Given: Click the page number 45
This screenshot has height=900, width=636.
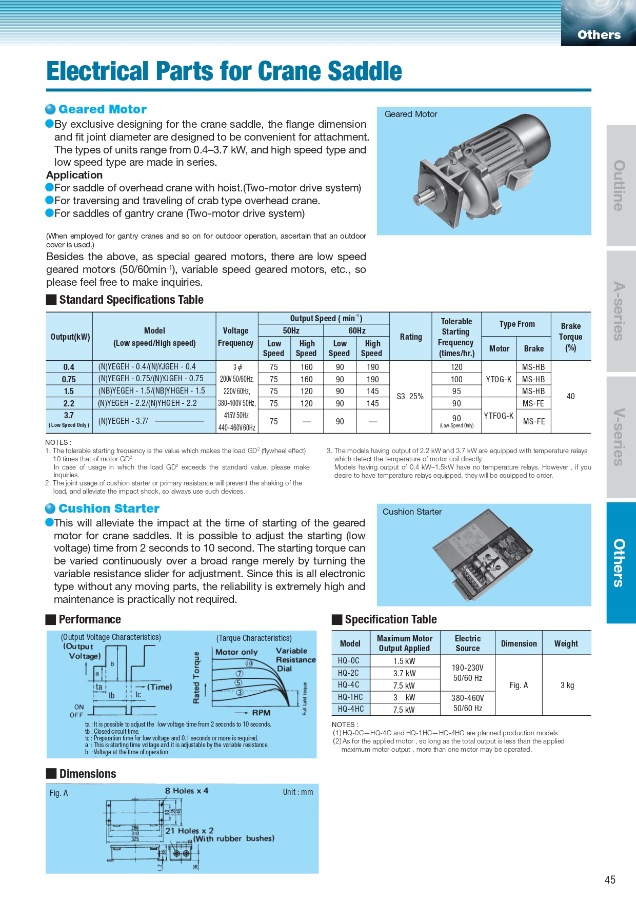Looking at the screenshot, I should [x=610, y=879].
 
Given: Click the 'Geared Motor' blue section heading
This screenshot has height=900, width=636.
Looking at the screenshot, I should [x=102, y=109].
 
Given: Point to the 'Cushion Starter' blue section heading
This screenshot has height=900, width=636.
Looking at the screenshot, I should [x=109, y=508].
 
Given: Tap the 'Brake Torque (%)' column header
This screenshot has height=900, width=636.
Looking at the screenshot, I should [x=570, y=337].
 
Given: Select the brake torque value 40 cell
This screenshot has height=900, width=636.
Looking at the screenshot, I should [x=570, y=396].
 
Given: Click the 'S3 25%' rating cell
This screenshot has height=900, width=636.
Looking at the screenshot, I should [x=410, y=396].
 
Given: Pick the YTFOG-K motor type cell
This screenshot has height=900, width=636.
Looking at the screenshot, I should [x=499, y=416].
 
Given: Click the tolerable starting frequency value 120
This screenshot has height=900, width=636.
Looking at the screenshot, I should [x=456, y=367].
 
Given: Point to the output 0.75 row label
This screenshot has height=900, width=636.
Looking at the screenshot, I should [x=69, y=379].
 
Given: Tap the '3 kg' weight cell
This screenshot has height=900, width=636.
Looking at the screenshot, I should [x=567, y=685].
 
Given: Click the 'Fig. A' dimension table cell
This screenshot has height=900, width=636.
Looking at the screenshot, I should [x=519, y=685].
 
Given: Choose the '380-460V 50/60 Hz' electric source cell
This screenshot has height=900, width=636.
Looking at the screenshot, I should [x=467, y=703].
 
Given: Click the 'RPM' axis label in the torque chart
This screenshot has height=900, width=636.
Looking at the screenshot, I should [x=261, y=713].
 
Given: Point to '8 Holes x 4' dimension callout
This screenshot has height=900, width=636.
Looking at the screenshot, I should [x=187, y=791].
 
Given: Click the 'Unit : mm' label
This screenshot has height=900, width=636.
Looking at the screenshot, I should [x=297, y=792].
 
